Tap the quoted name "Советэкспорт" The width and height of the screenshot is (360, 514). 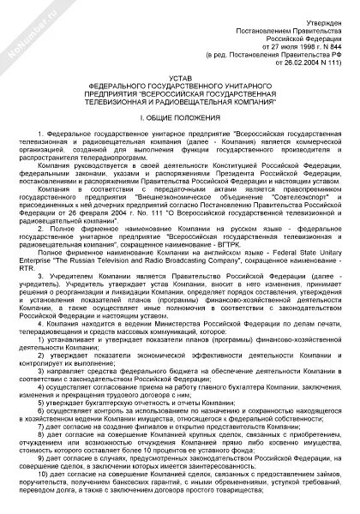[287, 195]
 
